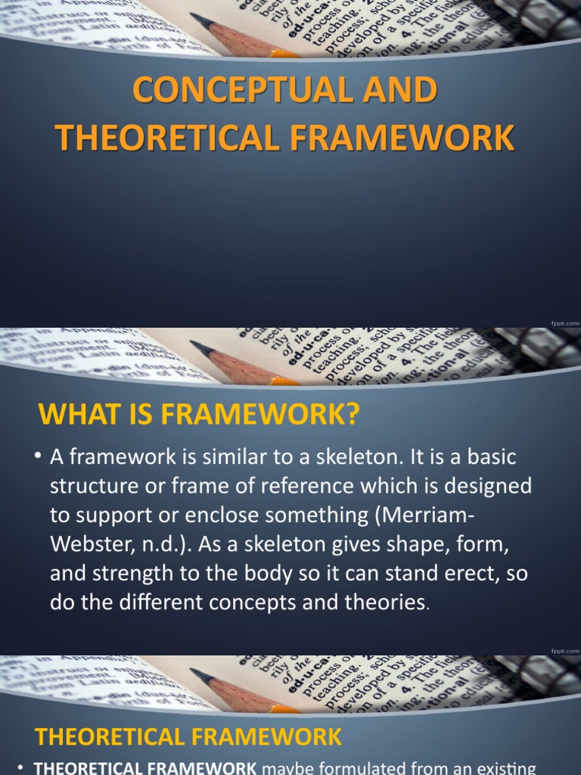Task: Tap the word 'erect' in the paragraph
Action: pos(460,573)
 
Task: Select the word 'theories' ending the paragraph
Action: pos(380,602)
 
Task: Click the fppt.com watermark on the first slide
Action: pos(565,322)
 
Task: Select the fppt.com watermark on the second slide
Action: pos(565,650)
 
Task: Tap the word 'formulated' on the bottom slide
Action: pos(372,768)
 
